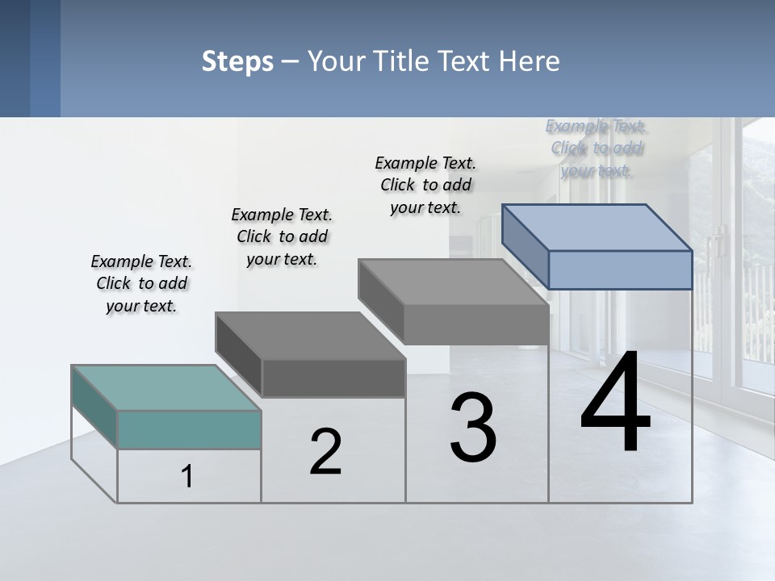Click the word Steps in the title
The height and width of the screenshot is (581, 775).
pos(237,61)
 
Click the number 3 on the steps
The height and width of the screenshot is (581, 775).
pos(473,428)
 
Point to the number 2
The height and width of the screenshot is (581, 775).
pos(326,453)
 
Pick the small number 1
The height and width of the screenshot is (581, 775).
pos(187,477)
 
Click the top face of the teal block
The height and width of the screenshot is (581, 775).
pos(166,387)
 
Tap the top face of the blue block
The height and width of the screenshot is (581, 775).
pos(597,228)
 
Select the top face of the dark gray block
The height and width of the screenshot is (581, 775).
pos(310,336)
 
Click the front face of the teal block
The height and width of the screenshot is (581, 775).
pos(189,429)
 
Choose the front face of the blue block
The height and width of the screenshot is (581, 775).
pos(620,270)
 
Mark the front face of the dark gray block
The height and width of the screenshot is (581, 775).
pos(333,378)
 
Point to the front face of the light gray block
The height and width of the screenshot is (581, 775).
pos(476,325)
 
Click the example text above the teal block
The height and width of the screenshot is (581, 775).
pos(141,283)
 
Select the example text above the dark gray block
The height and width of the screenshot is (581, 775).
pos(282,236)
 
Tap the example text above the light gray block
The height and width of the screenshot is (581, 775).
pos(425,185)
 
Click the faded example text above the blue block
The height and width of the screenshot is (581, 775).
pos(597,148)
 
